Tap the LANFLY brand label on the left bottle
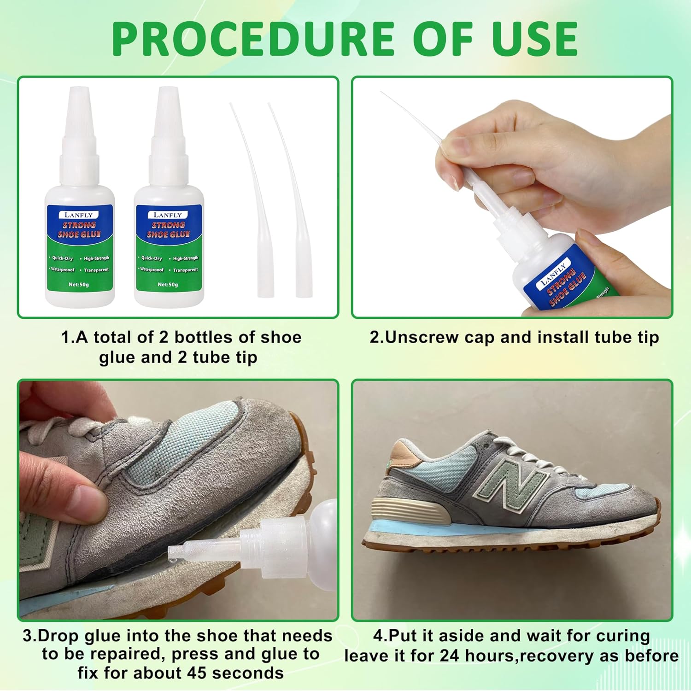tap(79, 215)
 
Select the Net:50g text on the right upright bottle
tap(168, 284)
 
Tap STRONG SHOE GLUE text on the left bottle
tap(79, 229)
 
